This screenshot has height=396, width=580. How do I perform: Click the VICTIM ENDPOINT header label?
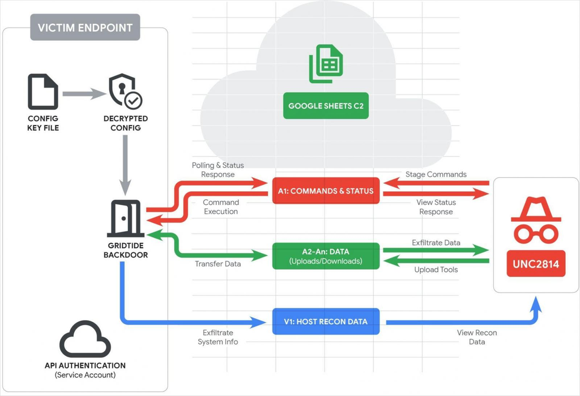[85, 28]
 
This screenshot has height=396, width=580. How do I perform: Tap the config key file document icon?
[43, 92]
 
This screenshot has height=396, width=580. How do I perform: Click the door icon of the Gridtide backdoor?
[125, 219]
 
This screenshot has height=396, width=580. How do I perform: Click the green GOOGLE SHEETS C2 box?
[326, 106]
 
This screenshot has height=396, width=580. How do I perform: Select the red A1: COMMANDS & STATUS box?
[326, 191]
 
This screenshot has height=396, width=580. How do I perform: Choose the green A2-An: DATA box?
[326, 256]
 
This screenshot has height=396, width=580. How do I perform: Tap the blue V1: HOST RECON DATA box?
[326, 321]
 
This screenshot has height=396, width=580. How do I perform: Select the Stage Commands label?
[436, 174]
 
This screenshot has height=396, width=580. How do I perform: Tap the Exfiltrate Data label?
[436, 242]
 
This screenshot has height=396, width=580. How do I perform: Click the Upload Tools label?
[436, 269]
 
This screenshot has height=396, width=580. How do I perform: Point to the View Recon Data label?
[477, 337]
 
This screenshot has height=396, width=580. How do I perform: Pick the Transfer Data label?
[217, 264]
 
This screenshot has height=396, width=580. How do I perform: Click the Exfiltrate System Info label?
[217, 337]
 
